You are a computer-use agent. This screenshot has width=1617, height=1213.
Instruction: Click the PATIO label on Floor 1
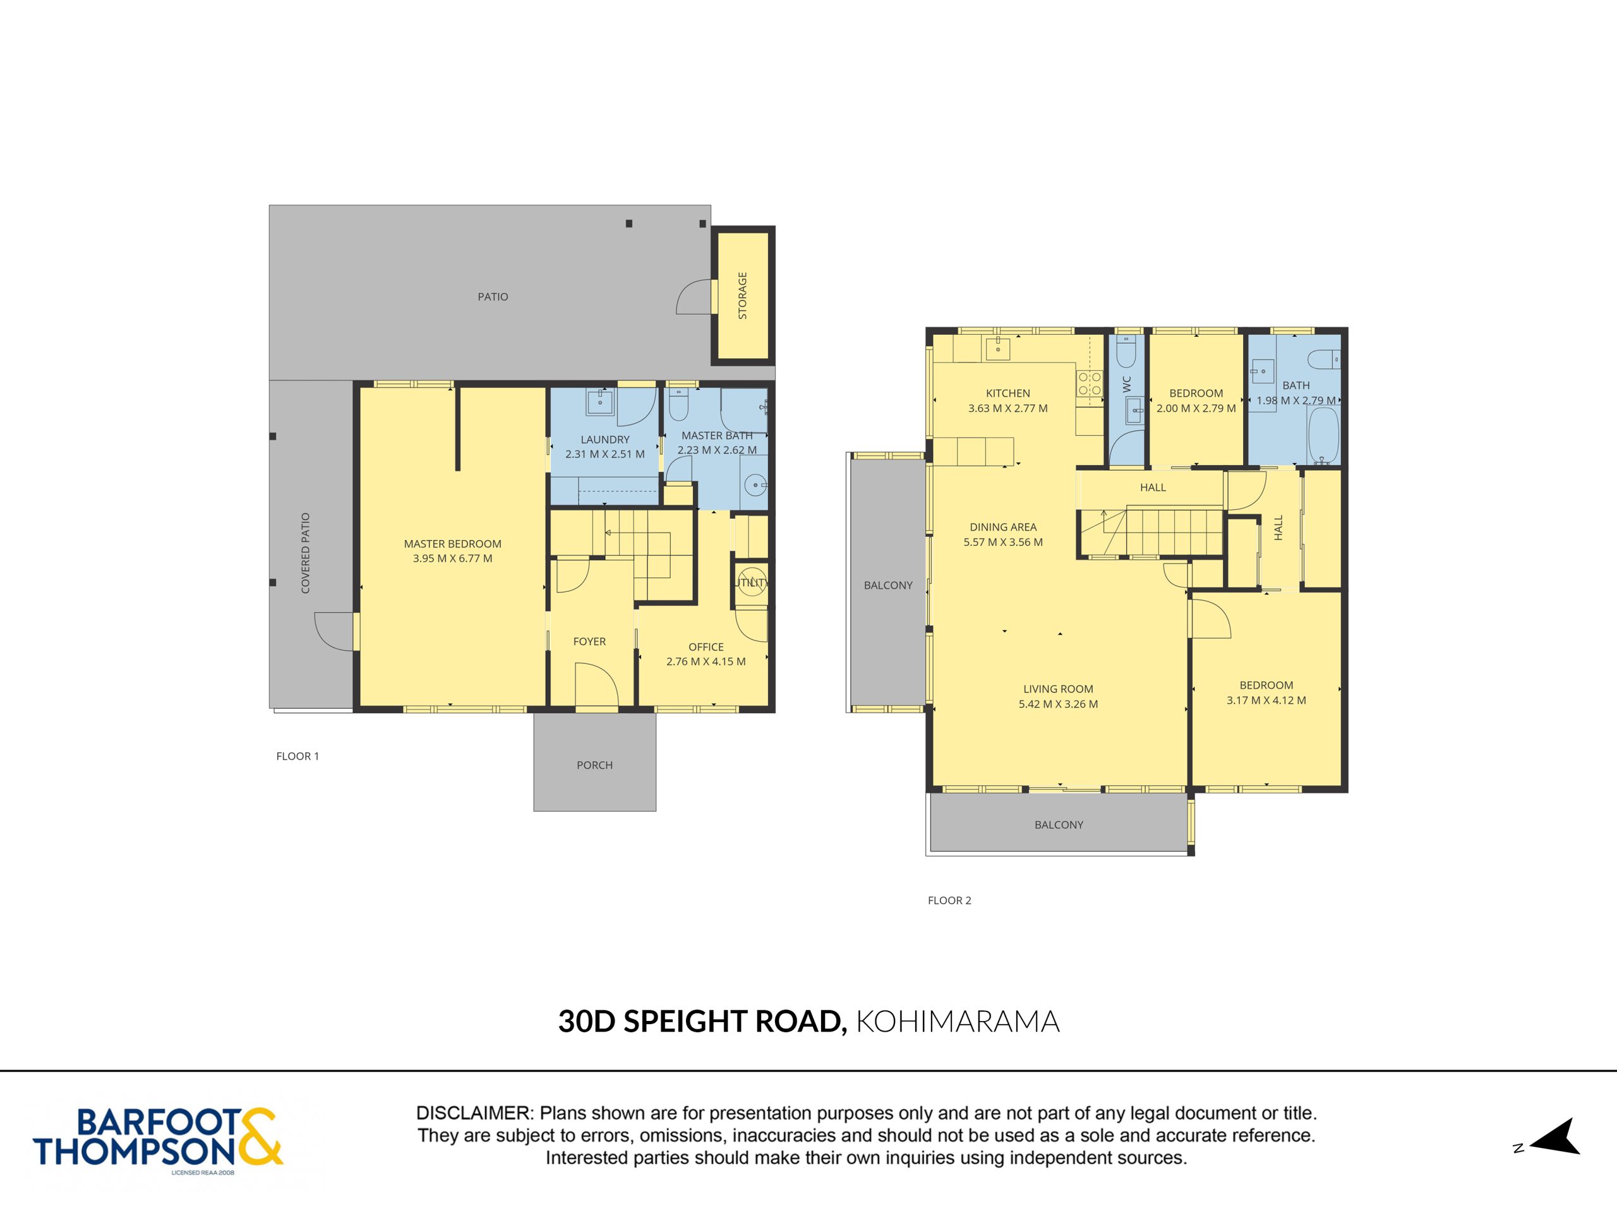(x=493, y=297)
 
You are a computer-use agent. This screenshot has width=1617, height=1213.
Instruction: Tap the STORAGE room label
(x=743, y=296)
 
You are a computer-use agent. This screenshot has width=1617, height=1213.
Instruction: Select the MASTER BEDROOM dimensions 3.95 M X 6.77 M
(x=452, y=558)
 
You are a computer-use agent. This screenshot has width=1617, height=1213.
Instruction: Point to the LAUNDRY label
(x=604, y=440)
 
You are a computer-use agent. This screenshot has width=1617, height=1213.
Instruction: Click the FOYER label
(x=589, y=642)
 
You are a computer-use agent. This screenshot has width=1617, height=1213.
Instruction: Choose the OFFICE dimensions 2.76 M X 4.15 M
(x=706, y=661)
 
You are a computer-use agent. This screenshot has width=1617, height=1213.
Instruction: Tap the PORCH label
(x=594, y=766)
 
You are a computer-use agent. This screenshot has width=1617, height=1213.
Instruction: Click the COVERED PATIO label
(x=306, y=553)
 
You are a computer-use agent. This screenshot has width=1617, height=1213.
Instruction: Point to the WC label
(x=1126, y=384)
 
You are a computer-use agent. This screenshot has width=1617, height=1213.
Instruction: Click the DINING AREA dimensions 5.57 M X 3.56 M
(x=1003, y=543)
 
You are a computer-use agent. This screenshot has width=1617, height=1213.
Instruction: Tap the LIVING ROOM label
(x=1058, y=689)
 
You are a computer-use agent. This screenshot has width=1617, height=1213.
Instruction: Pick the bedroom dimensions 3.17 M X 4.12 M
(x=1266, y=701)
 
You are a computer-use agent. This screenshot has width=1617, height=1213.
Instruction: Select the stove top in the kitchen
(x=1089, y=385)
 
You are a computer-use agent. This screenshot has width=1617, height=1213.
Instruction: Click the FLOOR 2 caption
(x=949, y=901)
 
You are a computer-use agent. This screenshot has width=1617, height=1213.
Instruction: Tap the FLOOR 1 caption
(x=298, y=757)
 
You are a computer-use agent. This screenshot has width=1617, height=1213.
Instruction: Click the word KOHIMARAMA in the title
(x=958, y=1022)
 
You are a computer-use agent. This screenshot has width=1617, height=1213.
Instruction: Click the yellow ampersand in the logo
(x=258, y=1137)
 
